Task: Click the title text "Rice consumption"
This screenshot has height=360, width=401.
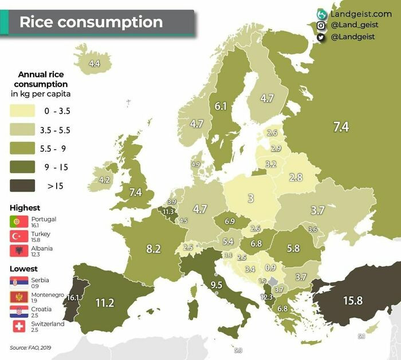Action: point(91,22)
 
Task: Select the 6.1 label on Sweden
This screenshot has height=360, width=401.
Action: point(221,106)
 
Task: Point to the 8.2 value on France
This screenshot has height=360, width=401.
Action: point(154,248)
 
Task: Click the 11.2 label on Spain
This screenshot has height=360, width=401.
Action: point(105,303)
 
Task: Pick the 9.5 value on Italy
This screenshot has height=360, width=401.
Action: point(216,284)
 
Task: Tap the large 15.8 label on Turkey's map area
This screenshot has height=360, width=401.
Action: point(352,300)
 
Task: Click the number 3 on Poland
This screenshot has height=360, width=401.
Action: point(250,199)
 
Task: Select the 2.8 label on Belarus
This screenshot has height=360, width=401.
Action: point(296,177)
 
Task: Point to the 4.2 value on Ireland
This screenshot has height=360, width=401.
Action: point(104,180)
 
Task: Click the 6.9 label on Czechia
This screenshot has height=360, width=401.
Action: point(230,221)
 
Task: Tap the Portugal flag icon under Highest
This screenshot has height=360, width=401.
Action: point(17,221)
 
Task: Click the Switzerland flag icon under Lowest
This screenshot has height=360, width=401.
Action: point(17,327)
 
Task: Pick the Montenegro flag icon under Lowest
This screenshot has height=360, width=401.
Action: point(17,297)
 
